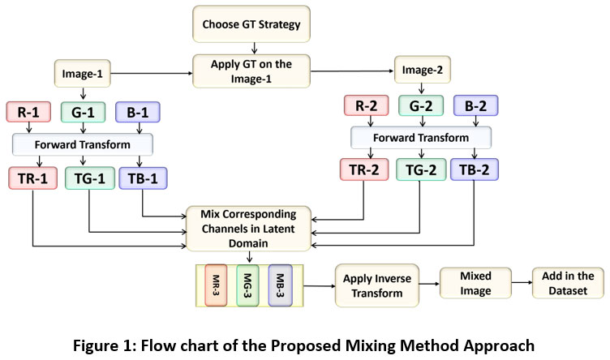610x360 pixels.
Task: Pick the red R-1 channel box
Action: (28, 112)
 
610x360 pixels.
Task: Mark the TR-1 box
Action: (29, 178)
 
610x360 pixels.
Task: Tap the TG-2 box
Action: (420, 169)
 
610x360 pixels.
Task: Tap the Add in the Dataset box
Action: (568, 283)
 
